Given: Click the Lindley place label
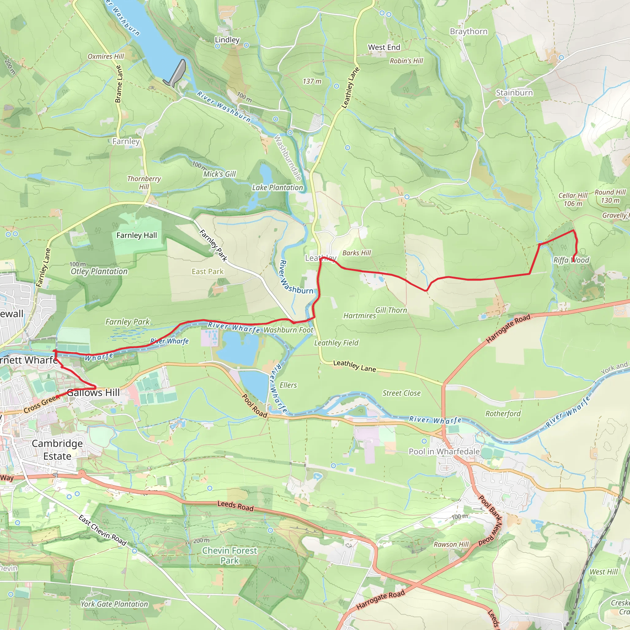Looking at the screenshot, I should point(227,40).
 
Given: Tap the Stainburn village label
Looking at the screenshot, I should point(514,93).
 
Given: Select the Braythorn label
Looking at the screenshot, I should point(469,32).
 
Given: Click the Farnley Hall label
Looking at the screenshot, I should point(137,235).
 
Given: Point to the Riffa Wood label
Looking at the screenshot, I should point(571,260).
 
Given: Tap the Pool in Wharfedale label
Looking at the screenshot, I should point(444,452).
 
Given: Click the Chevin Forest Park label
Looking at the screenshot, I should point(229,555).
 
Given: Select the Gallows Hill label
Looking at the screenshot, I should point(93,393).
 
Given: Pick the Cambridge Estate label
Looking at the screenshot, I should point(57,450).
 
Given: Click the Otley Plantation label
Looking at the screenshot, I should point(99,271).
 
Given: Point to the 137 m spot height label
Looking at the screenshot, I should point(312,82).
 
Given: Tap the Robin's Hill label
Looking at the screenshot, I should point(406,61).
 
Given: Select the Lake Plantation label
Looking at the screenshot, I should point(277,188).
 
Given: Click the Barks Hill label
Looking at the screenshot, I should point(357,253).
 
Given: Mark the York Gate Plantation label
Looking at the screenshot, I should point(114,604).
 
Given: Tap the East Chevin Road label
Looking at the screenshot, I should point(102,530).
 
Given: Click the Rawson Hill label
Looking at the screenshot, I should point(451,544).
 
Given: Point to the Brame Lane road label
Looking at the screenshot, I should point(119,84).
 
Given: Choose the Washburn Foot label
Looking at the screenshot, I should point(288,330).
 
